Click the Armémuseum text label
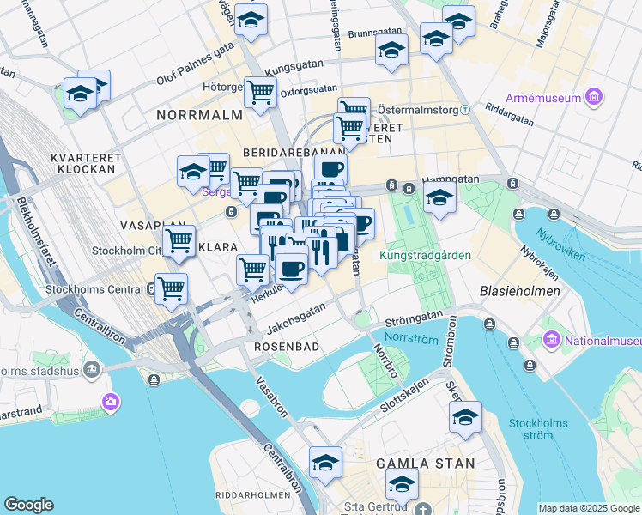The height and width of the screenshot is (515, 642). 543,98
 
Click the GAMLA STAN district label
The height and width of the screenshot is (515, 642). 426,463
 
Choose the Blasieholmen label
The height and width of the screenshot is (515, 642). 520,291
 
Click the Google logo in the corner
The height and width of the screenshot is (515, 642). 28,505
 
